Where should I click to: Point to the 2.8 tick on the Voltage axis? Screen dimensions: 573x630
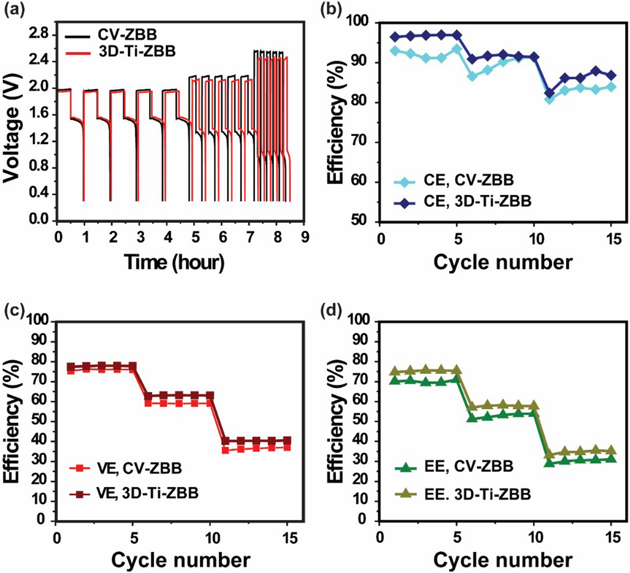(x=39, y=34)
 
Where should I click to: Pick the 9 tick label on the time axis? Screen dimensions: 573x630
(x=304, y=237)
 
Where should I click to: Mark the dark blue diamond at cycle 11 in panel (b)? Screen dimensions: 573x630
(x=550, y=93)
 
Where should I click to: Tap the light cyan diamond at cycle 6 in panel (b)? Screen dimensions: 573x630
(x=473, y=76)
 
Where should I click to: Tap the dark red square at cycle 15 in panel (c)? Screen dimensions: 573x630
(x=287, y=440)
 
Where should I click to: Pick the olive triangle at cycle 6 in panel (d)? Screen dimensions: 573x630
(x=473, y=407)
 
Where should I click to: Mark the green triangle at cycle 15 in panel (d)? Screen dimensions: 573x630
(x=611, y=459)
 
